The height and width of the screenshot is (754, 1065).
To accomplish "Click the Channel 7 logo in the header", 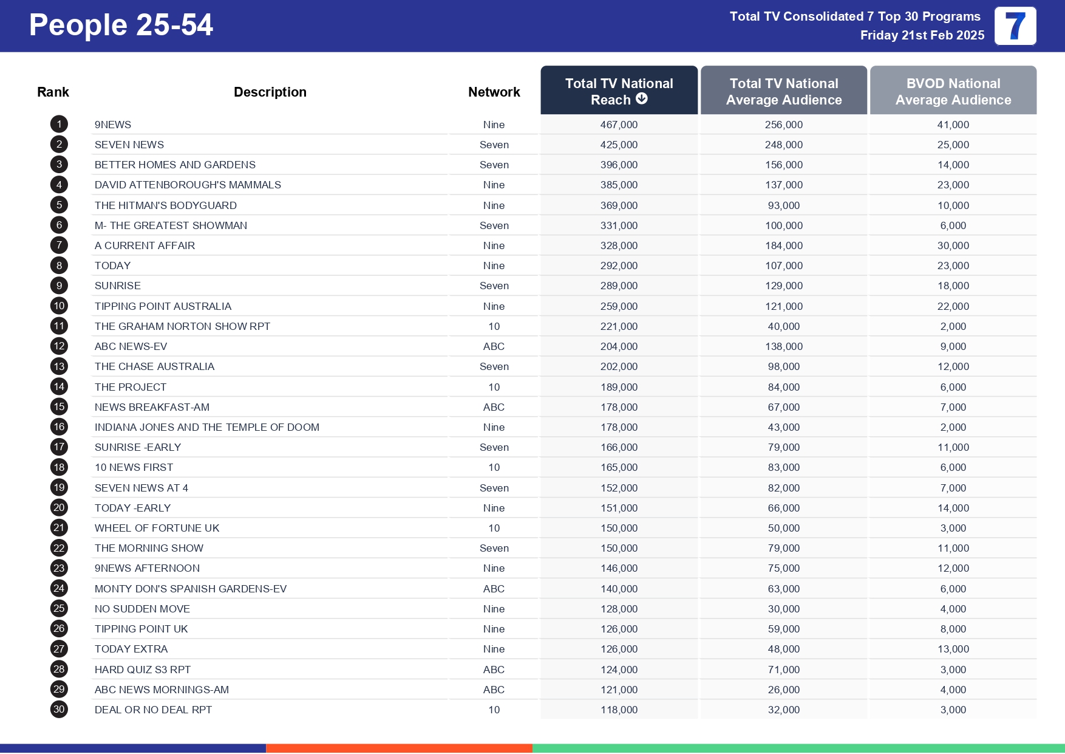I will [x=1015, y=26].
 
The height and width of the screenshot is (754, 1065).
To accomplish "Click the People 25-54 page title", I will [x=121, y=26].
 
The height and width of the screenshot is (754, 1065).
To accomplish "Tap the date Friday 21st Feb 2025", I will [x=922, y=35].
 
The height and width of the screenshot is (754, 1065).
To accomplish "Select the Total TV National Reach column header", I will [x=619, y=91].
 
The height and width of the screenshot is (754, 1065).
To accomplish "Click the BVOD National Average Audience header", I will [x=953, y=91].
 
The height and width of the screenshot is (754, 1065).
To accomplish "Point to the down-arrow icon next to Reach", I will [x=641, y=99].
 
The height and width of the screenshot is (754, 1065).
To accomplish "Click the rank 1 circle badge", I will [x=59, y=125].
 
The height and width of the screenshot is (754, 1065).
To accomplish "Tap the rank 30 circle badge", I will [x=59, y=709].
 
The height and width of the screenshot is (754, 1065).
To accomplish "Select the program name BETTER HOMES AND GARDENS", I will [x=175, y=165].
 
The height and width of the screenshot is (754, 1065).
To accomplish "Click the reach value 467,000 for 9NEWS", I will [x=619, y=125].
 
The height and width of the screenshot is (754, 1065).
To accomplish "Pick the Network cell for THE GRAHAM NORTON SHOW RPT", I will [x=494, y=326].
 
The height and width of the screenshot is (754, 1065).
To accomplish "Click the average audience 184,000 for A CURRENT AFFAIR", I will [x=783, y=245].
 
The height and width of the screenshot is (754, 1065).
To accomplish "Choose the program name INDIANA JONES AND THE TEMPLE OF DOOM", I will [x=206, y=427].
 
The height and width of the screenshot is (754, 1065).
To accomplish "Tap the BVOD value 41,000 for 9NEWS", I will [x=953, y=125].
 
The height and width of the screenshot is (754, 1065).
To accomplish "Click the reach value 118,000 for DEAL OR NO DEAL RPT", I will [x=619, y=710].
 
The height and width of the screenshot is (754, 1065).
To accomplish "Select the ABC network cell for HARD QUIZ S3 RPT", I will [x=494, y=670].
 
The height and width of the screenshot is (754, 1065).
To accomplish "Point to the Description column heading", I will [x=270, y=92].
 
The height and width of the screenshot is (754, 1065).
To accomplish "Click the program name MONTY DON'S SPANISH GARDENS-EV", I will [x=190, y=589].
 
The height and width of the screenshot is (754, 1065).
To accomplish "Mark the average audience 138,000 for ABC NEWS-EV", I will [x=783, y=346].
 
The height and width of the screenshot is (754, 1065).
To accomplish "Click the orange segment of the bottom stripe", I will [x=399, y=748].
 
